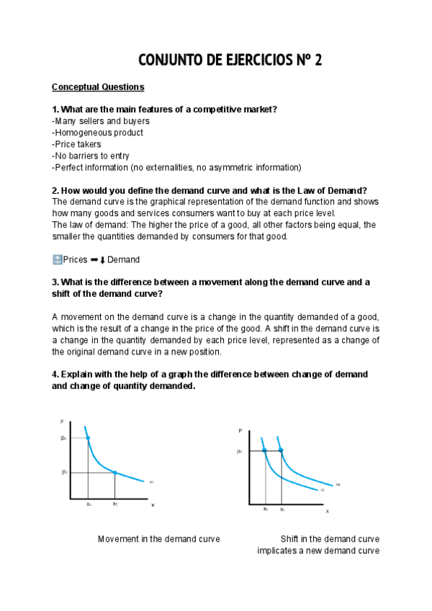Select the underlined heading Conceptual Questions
pyautogui.click(x=98, y=87)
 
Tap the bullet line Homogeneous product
pyautogui.click(x=98, y=133)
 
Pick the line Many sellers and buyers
pyautogui.click(x=101, y=121)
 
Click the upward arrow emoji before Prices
pyautogui.click(x=58, y=259)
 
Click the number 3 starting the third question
pyautogui.click(x=55, y=282)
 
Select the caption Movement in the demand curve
pyautogui.click(x=158, y=539)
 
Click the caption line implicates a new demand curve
pyautogui.click(x=318, y=551)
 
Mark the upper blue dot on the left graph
pyautogui.click(x=88, y=438)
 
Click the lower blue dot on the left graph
pyautogui.click(x=115, y=473)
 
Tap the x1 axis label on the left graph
pyautogui.click(x=89, y=504)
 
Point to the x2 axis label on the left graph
pyautogui.click(x=115, y=504)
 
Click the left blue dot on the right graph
pyautogui.click(x=265, y=451)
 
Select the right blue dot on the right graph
pyautogui.click(x=282, y=451)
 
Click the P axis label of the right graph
pyautogui.click(x=240, y=430)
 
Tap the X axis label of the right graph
pyautogui.click(x=327, y=511)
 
